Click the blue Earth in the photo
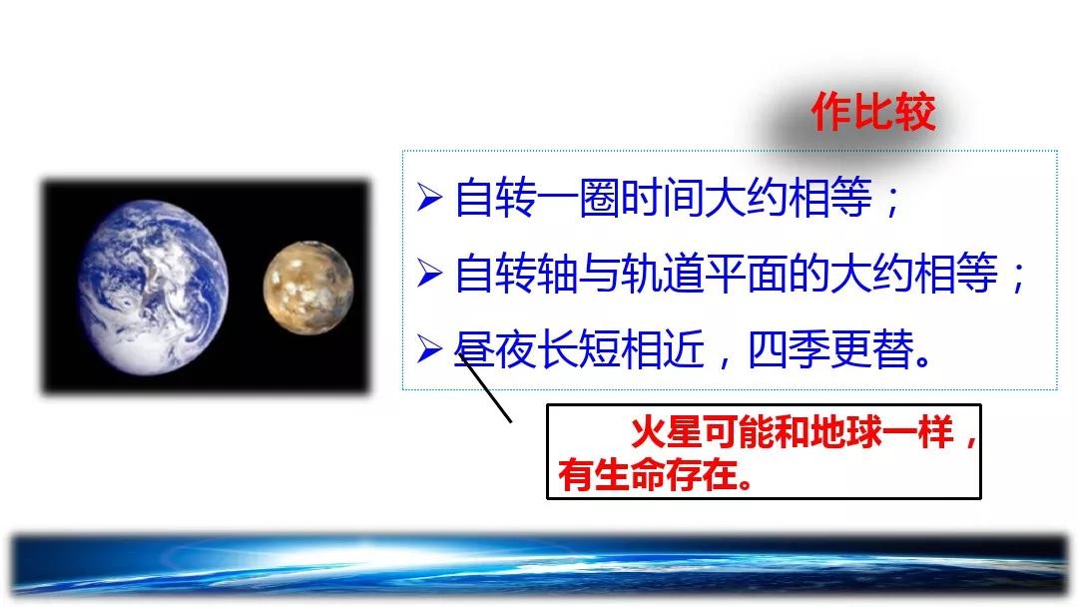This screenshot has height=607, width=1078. pyautogui.click(x=152, y=288)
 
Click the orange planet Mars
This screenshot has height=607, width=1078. pyautogui.click(x=308, y=288)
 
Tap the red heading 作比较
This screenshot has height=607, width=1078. pyautogui.click(x=873, y=112)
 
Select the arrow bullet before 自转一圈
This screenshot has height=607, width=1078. pyautogui.click(x=429, y=198)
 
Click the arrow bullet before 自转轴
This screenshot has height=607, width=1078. pyautogui.click(x=429, y=274)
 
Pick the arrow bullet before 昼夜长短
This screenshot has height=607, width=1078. pyautogui.click(x=429, y=349)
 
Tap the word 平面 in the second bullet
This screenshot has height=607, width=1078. pyautogui.click(x=746, y=274)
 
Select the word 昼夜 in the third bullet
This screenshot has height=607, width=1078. pyautogui.click(x=495, y=349)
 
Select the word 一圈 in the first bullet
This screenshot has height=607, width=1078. pyautogui.click(x=578, y=198)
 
